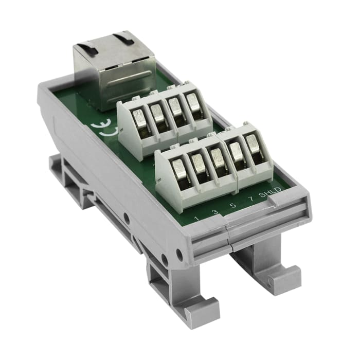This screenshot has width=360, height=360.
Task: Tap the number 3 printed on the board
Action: (214, 212)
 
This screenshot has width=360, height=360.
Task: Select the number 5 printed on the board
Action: (233, 206)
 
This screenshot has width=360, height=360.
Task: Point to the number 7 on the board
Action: (250, 199)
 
